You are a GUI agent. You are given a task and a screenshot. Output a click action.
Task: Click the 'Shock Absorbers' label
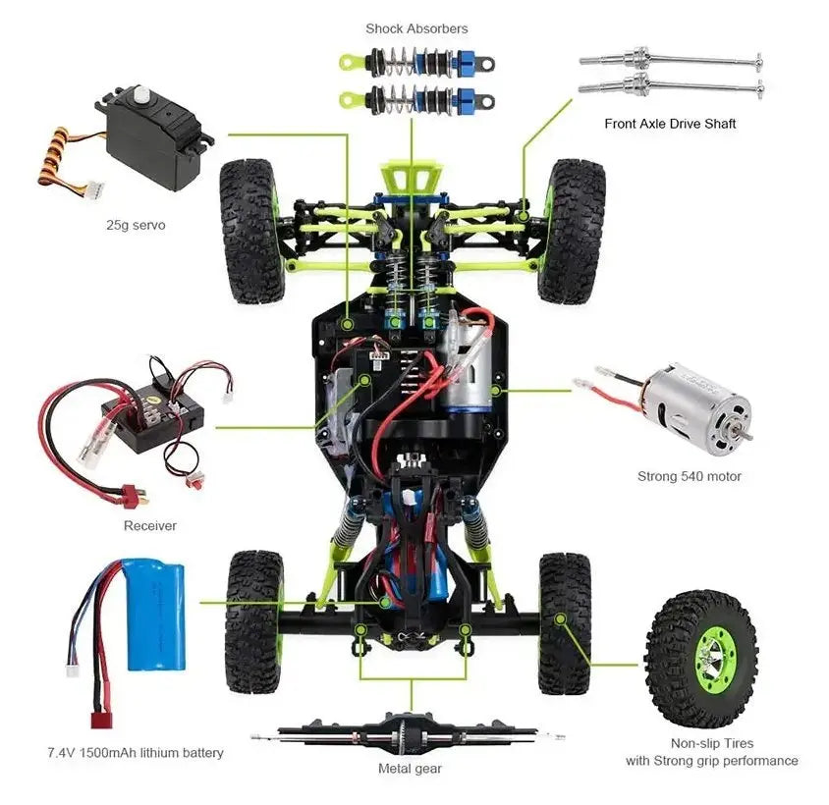pos(416,28)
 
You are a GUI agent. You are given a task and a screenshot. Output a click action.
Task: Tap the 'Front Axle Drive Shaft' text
pos(670,124)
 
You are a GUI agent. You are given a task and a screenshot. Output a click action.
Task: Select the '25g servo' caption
pos(136,225)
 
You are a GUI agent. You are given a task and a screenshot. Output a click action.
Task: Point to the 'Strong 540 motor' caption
pos(689,476)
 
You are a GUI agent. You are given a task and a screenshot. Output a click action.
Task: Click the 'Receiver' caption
pos(150,525)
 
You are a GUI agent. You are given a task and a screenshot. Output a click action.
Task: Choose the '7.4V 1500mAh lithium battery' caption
pos(136,753)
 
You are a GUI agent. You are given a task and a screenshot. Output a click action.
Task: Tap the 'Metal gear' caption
pos(410,769)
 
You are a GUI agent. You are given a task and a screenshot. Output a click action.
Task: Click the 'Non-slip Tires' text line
pos(712,743)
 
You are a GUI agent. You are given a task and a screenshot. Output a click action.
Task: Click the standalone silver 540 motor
pos(698,408)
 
